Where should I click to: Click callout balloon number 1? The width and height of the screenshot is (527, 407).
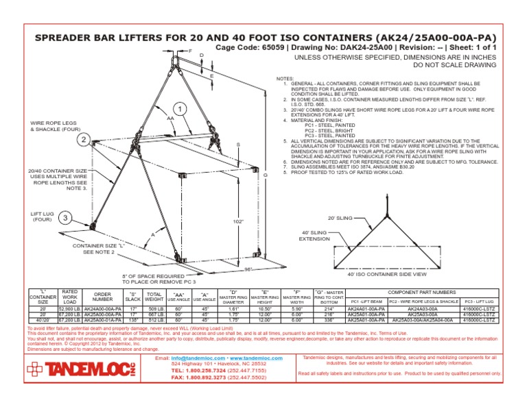tap(180, 110)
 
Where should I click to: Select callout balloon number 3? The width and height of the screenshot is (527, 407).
tap(65, 218)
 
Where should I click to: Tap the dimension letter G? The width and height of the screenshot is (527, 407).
tap(264, 176)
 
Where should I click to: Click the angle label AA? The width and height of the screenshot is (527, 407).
tap(169, 119)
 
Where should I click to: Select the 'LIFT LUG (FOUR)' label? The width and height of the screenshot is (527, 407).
tap(42, 217)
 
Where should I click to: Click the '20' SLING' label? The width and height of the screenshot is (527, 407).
tap(341, 217)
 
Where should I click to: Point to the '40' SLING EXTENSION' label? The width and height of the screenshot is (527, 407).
tap(316, 236)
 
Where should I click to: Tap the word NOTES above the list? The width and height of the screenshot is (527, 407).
tap(284, 79)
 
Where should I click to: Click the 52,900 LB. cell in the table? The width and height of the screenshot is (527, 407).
tap(69, 309)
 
